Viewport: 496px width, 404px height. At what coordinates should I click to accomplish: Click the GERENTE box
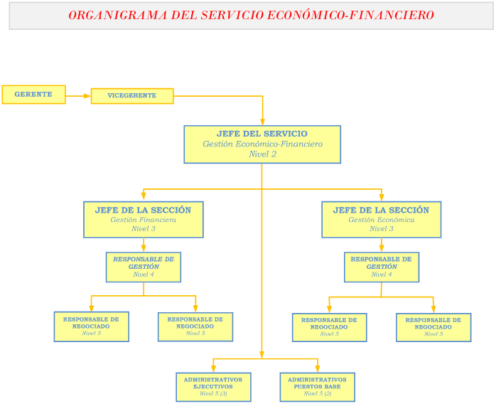33,95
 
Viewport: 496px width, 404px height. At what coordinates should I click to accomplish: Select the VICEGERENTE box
132,96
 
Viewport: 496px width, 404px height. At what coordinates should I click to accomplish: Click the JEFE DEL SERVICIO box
262,144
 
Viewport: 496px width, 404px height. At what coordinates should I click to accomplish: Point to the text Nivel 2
262,154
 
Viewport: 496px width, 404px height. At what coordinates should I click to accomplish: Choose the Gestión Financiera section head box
143,219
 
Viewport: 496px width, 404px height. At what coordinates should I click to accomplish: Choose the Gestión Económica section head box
381,219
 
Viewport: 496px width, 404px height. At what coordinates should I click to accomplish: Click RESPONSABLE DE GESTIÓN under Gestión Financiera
143,267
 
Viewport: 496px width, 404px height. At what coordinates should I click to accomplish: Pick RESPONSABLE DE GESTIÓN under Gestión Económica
381,267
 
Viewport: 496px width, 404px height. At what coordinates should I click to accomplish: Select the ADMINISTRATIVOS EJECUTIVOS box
213,387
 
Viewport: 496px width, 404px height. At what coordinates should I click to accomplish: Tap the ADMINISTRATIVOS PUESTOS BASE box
317,387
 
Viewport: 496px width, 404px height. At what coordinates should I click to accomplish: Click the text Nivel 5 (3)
213,393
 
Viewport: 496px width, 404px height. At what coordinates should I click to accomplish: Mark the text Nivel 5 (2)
317,393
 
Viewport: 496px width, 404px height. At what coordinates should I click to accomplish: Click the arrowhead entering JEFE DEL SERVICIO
262,122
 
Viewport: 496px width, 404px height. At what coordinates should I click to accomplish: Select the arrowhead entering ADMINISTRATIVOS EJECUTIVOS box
213,368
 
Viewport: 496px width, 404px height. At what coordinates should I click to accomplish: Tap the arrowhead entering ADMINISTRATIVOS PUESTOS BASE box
317,368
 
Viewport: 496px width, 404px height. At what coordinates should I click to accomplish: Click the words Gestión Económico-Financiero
262,144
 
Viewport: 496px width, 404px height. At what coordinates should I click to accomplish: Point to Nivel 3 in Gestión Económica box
381,229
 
